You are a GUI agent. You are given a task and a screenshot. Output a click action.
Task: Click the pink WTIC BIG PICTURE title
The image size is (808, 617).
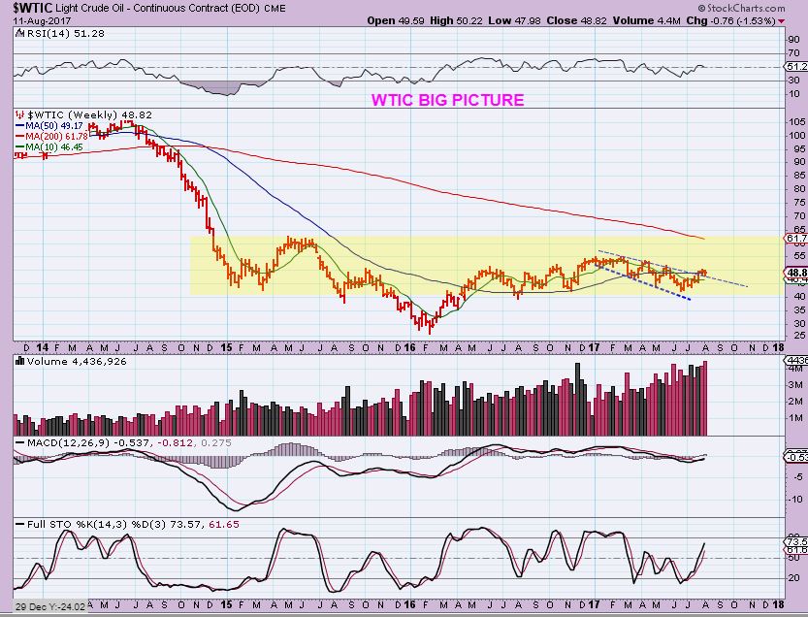[x=447, y=100]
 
